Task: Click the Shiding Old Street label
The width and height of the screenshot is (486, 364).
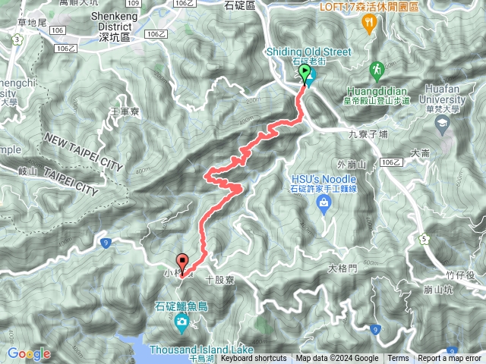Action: coord(309,52)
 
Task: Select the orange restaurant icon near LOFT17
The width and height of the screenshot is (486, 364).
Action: coord(369,23)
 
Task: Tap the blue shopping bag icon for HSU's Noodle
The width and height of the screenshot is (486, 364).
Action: coord(323,202)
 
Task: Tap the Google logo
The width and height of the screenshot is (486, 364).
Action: coord(29,353)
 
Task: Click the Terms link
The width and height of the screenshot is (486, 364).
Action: coord(398,359)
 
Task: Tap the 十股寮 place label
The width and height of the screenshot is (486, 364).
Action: coord(219,280)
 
